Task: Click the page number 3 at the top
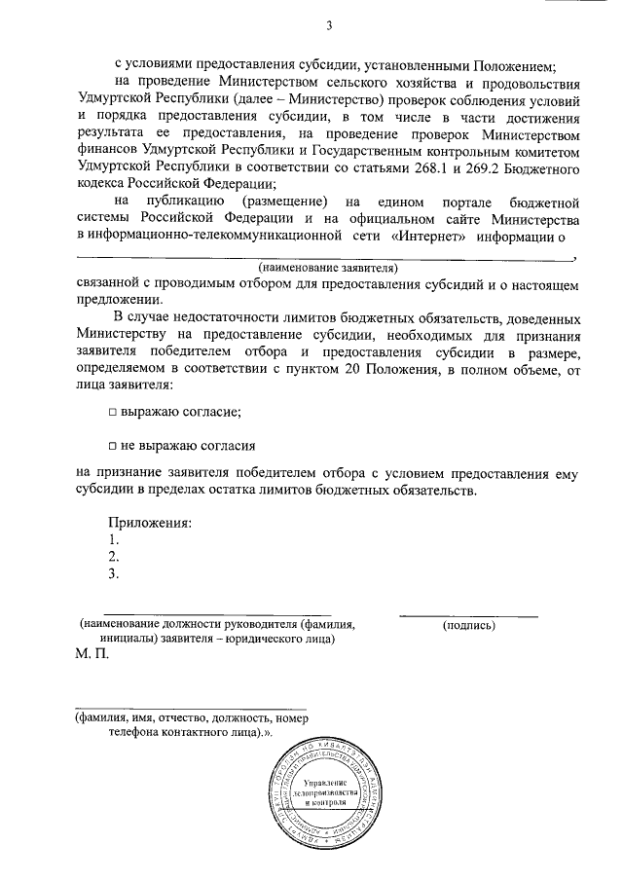coord(329,25)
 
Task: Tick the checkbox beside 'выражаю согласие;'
coord(113,412)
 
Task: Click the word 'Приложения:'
coord(150,522)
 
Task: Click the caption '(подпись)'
coord(469,625)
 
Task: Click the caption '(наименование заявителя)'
coord(328,267)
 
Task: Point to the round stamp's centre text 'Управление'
coord(324,783)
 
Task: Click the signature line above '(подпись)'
coord(469,615)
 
